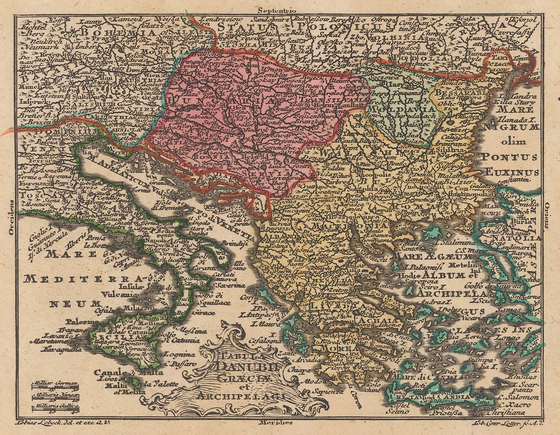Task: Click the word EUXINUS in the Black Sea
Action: point(512,172)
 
